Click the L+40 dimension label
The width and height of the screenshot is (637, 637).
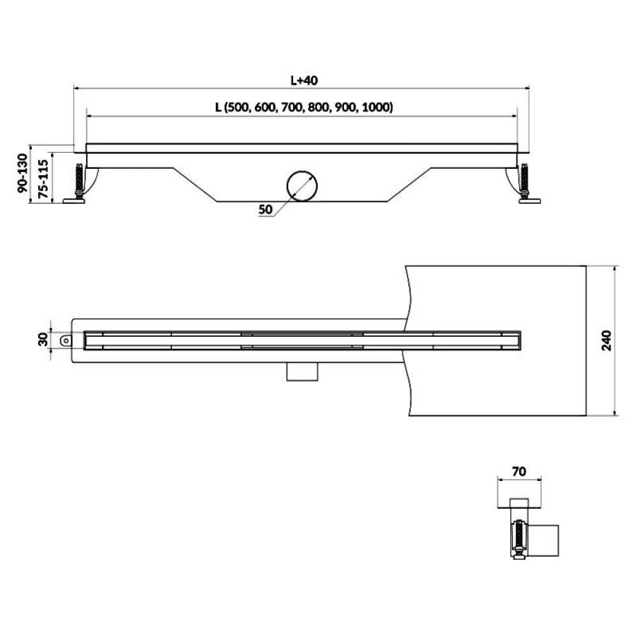[x=304, y=80]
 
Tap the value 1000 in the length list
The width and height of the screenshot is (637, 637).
[x=376, y=107]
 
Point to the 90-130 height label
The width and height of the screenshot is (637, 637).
[x=23, y=173]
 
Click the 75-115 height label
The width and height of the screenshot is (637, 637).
[x=43, y=178]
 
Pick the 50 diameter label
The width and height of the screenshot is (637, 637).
[x=265, y=210]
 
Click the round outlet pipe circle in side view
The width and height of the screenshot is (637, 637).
[x=302, y=186]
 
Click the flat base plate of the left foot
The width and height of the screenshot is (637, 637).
[x=74, y=200]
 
